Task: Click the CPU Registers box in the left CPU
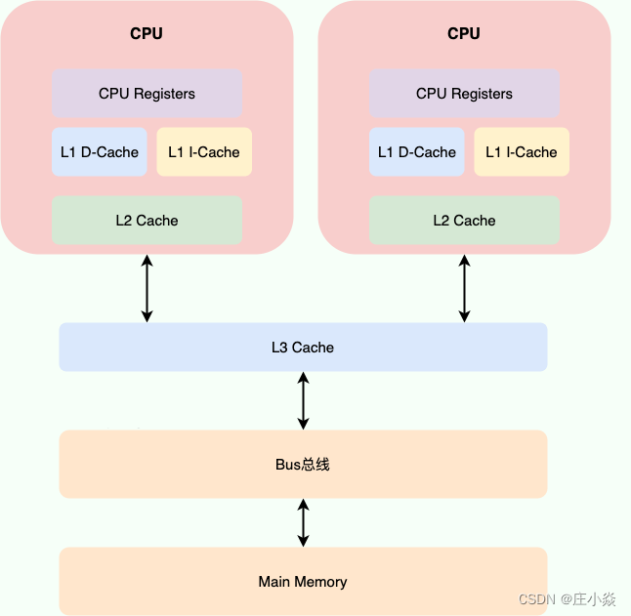[147, 94]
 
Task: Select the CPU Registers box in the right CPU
[464, 94]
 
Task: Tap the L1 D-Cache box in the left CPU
[100, 152]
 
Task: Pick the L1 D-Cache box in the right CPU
[417, 152]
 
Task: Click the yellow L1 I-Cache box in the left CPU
[204, 152]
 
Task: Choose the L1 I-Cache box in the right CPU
[522, 152]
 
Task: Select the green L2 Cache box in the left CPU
[147, 221]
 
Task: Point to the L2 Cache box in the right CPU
[464, 221]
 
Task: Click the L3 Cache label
[303, 347]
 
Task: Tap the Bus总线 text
[303, 464]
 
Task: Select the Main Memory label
[303, 582]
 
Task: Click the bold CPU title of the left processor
[147, 33]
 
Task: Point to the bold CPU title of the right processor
[464, 33]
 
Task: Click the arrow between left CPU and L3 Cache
[147, 288]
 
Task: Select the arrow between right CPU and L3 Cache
[464, 288]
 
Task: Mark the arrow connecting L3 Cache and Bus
[303, 400]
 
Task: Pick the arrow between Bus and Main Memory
[303, 522]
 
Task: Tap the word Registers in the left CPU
[164, 94]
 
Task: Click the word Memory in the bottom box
[321, 582]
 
